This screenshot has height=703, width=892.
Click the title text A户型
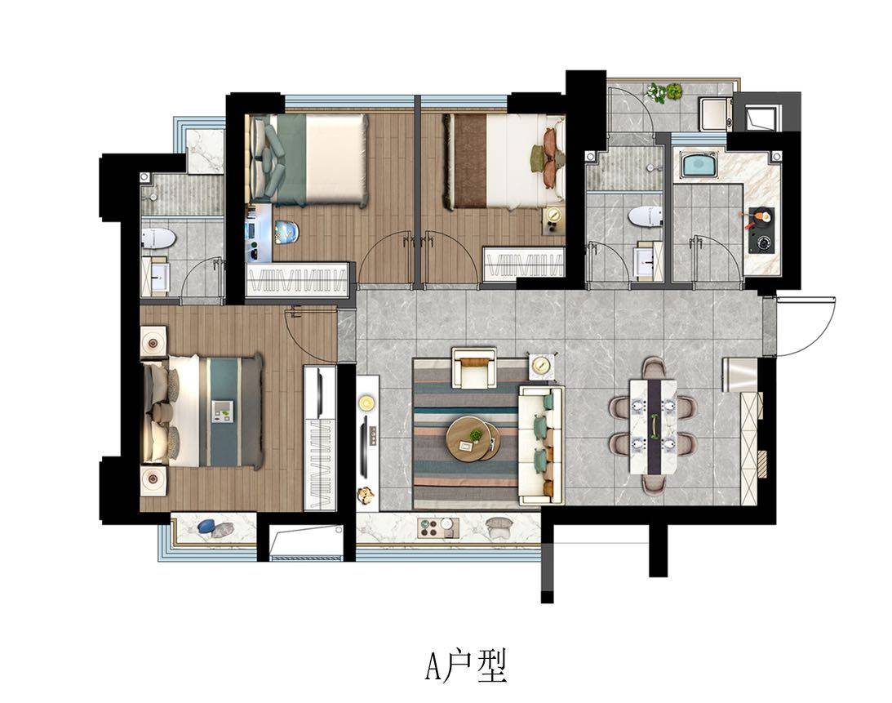coord(466,666)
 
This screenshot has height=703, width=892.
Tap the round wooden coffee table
coord(473,438)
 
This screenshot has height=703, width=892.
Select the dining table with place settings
coord(653,426)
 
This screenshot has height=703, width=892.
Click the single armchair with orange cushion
coord(473,367)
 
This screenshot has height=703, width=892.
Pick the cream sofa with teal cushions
coord(540,444)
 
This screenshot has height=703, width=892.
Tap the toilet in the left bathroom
coord(158,238)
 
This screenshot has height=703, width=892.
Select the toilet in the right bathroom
coord(646,217)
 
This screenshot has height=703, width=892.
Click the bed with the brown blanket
coord(504,161)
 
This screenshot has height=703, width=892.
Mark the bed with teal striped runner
coord(202,411)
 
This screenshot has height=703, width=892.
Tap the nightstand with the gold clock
coord(553,220)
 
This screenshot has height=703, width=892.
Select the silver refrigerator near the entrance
coord(739,375)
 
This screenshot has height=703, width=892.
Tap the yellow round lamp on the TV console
coord(366,403)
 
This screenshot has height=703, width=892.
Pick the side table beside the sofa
coord(542,366)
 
